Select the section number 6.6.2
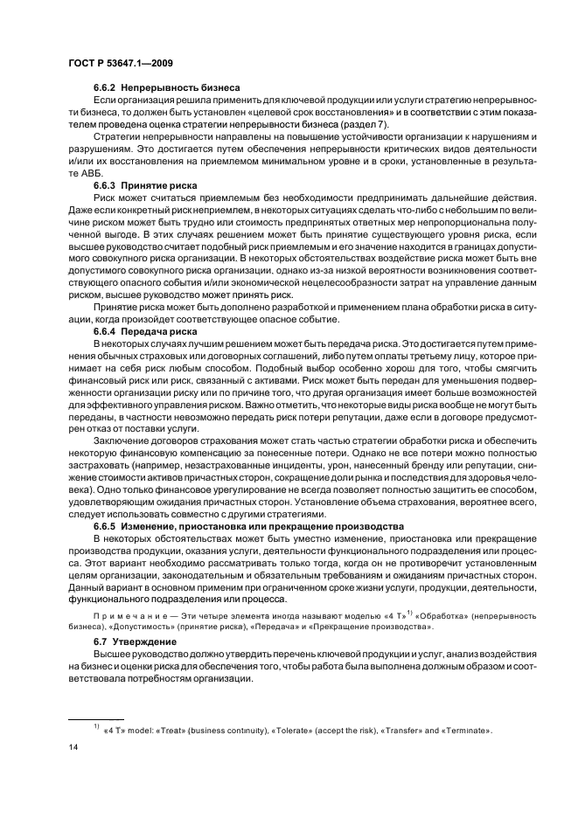(106, 87)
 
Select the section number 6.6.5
(106, 526)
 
